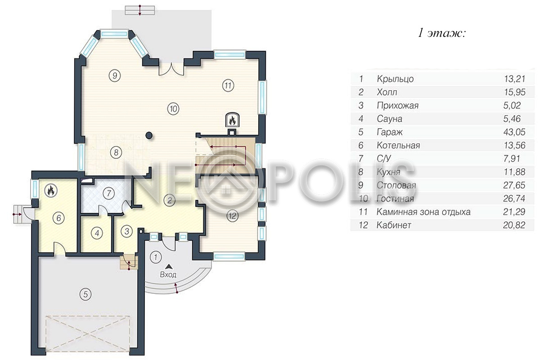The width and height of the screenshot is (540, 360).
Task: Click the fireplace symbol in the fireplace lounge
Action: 232,120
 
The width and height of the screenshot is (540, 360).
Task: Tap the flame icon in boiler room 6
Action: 51,190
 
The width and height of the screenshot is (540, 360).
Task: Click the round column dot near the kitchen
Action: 149,135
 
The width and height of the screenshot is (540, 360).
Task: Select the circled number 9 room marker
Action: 114,76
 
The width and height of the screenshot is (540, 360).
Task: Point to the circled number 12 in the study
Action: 232,216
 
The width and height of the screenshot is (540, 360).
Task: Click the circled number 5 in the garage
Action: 85,294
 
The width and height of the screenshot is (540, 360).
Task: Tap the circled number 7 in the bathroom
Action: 108,193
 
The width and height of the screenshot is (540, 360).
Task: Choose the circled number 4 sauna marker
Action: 97,233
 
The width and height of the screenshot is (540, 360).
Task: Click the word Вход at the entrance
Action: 168,274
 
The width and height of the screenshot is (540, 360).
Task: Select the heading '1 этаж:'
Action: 441,33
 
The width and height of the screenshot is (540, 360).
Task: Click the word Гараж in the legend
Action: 390,132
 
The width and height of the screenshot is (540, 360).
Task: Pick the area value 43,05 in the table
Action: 514,132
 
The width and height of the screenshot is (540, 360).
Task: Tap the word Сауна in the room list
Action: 389,119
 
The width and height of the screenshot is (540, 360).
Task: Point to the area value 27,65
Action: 514,185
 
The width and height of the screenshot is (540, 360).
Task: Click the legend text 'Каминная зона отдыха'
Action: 423,212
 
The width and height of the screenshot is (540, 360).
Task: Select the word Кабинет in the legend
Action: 394,225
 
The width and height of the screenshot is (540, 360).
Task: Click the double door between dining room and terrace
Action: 171,69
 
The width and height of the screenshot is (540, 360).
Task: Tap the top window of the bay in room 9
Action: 114,34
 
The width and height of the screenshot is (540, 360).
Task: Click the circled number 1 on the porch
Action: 156,257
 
